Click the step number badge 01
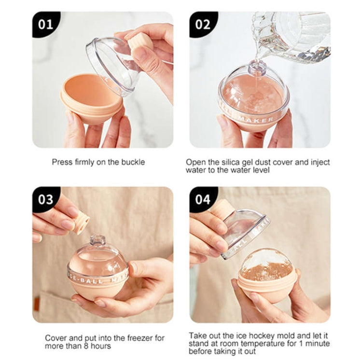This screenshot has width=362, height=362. pyautogui.click(x=45, y=24)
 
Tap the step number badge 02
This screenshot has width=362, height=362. pyautogui.click(x=202, y=24)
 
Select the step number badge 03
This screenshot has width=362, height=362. pyautogui.click(x=45, y=199)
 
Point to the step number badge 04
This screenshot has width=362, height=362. pyautogui.click(x=202, y=199)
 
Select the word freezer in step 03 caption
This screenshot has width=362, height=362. pyautogui.click(x=137, y=338)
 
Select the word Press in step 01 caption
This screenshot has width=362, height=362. pyautogui.click(x=62, y=162)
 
